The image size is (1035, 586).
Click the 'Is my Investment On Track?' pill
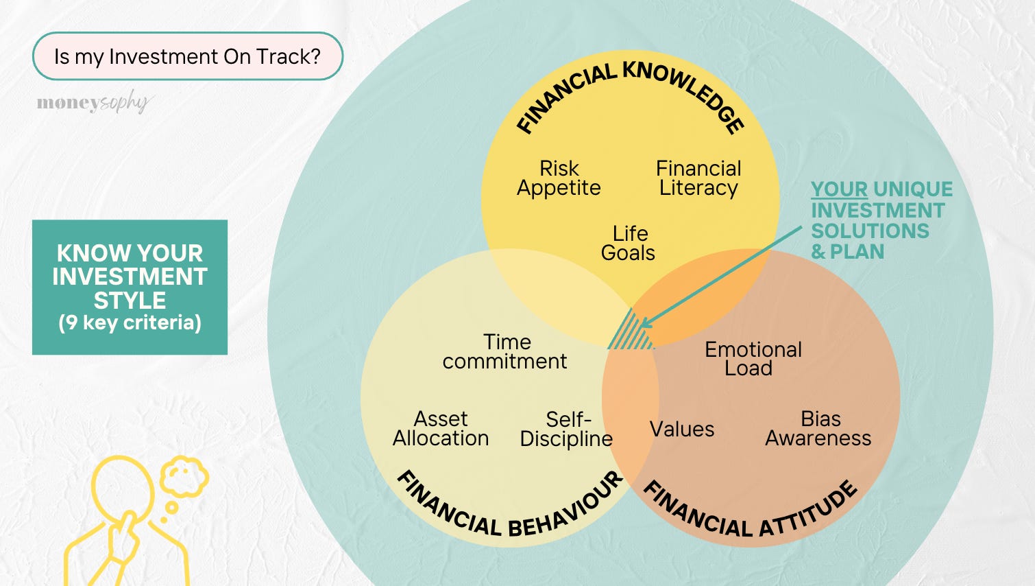(187, 56)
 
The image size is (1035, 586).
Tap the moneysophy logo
(93, 103)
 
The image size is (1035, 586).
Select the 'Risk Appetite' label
(559, 178)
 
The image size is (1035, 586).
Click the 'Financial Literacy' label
(698, 178)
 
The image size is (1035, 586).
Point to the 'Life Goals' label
(629, 243)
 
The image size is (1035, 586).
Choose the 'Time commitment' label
(505, 351)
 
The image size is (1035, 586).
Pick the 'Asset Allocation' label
(441, 428)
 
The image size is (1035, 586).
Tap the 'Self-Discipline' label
(566, 429)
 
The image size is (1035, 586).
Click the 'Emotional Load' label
(753, 358)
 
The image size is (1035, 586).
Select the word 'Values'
(681, 430)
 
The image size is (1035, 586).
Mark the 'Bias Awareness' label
(818, 428)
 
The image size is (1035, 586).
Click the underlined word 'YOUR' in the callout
(839, 189)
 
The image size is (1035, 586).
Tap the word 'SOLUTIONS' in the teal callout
(870, 231)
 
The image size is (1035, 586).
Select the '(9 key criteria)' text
(130, 323)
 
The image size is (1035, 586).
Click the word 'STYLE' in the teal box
(130, 301)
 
